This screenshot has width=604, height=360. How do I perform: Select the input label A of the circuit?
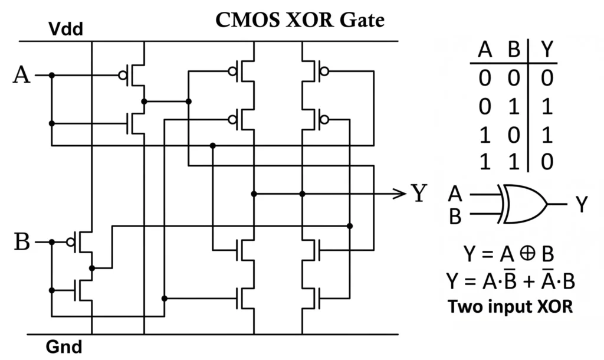pyautogui.click(x=21, y=76)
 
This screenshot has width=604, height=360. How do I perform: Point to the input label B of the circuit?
pyautogui.click(x=21, y=242)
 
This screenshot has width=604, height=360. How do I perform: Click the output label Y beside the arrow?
pyautogui.click(x=418, y=193)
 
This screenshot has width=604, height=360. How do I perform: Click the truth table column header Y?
pyautogui.click(x=548, y=51)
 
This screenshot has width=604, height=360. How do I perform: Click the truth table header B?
pyautogui.click(x=513, y=51)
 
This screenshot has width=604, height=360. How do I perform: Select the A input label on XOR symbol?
pyautogui.click(x=455, y=194)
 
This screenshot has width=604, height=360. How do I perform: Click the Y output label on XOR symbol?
pyautogui.click(x=582, y=204)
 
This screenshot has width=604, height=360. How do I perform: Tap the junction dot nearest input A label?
pyautogui.click(x=52, y=76)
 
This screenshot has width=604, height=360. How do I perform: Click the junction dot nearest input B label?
pyautogui.click(x=52, y=242)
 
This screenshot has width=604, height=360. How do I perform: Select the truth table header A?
pyautogui.click(x=485, y=51)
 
